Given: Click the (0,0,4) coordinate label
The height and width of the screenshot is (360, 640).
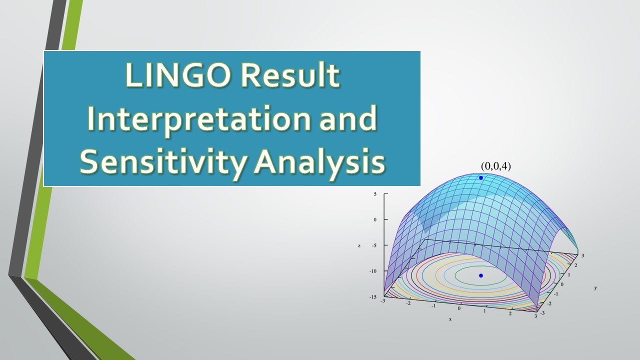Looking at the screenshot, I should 495,166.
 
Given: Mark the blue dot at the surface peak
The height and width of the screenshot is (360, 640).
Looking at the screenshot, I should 481,177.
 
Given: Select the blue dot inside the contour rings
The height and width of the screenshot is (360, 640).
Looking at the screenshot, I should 481,275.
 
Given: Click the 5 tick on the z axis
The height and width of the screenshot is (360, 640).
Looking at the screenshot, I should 375,194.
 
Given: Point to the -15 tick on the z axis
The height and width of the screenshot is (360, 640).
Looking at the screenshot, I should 373,297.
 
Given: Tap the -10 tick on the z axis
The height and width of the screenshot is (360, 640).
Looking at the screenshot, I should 373,271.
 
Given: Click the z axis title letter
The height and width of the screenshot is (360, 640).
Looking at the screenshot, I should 359,245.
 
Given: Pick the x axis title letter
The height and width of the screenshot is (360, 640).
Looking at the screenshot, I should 450,319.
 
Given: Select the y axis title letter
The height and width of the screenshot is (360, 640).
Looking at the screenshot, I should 595,288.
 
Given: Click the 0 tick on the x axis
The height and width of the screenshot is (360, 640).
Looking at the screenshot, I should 459,308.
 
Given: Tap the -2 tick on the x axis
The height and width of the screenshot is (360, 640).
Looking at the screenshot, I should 408,303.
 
